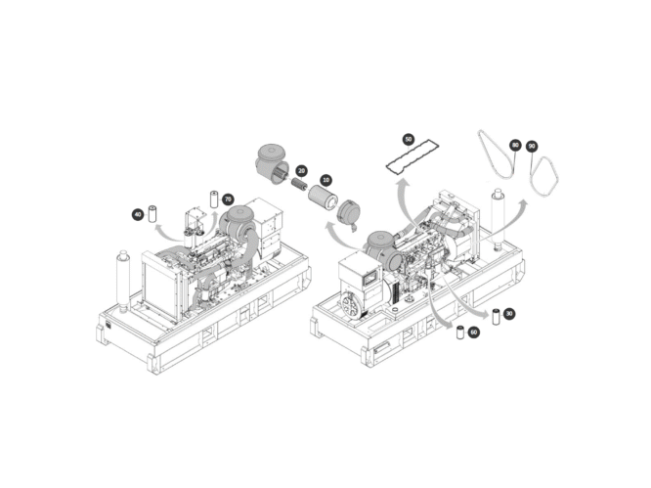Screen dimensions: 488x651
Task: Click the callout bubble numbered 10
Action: (325, 181)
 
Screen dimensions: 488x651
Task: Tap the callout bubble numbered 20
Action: (301, 171)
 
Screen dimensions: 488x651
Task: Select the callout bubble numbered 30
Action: (509, 313)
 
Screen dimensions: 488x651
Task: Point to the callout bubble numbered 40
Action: (138, 213)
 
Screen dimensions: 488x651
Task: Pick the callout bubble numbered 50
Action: (408, 140)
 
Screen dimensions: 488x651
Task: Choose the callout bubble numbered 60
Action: (474, 333)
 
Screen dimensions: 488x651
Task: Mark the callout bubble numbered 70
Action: (228, 199)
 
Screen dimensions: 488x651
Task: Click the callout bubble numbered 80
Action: (515, 146)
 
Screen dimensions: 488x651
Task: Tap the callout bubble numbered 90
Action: (531, 146)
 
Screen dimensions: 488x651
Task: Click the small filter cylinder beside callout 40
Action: (152, 212)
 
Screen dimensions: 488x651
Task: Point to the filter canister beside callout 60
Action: (459, 332)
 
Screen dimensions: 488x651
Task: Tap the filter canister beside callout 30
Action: (495, 315)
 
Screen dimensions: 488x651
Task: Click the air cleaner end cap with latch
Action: (349, 210)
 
